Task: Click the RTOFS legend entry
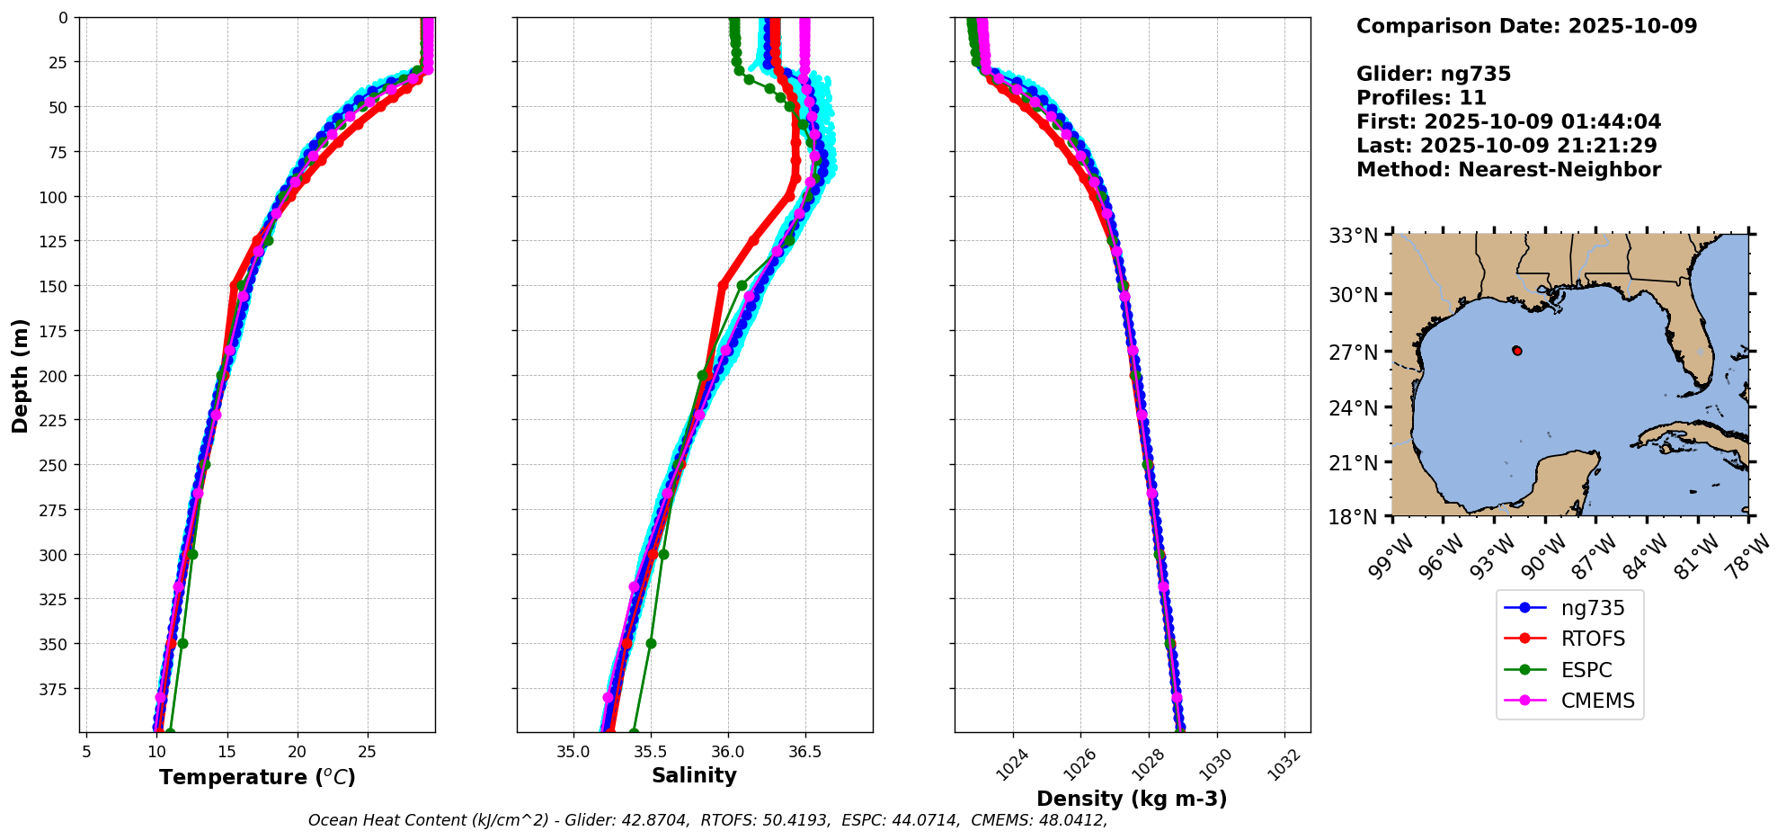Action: pos(1592,639)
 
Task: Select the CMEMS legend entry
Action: pos(1596,701)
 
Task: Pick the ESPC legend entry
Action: pos(1586,670)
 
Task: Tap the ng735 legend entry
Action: pos(1592,608)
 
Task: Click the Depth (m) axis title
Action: pos(20,375)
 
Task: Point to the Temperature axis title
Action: pos(257,777)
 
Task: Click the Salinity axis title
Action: pos(694,775)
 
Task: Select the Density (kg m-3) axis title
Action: pos(1132,799)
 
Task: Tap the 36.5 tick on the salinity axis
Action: pos(804,750)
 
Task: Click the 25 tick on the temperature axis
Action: pos(367,750)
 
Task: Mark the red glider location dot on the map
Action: pos(1517,351)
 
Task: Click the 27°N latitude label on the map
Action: pos(1354,353)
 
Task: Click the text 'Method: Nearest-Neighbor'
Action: pos(1508,169)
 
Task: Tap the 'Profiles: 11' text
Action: pos(1421,98)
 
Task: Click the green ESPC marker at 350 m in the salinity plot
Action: pos(651,643)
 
